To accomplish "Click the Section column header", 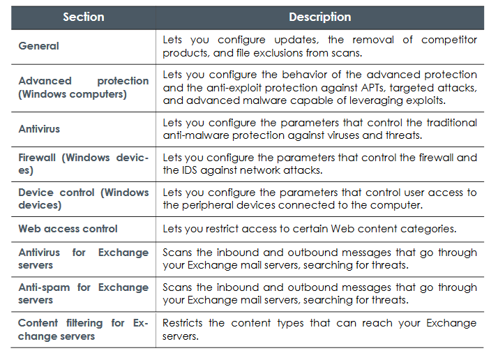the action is [84, 17].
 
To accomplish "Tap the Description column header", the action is [320, 17].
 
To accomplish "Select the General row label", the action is [39, 46].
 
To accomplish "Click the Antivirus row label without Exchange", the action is [39, 129].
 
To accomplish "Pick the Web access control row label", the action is [68, 229].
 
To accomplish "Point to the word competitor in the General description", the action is [449, 40].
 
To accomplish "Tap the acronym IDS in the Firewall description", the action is [190, 170].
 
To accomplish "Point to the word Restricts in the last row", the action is [182, 323].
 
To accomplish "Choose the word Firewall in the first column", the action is [37, 158].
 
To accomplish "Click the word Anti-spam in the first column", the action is [44, 287].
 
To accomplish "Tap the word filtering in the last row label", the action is [84, 323].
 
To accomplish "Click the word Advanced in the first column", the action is [45, 81].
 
